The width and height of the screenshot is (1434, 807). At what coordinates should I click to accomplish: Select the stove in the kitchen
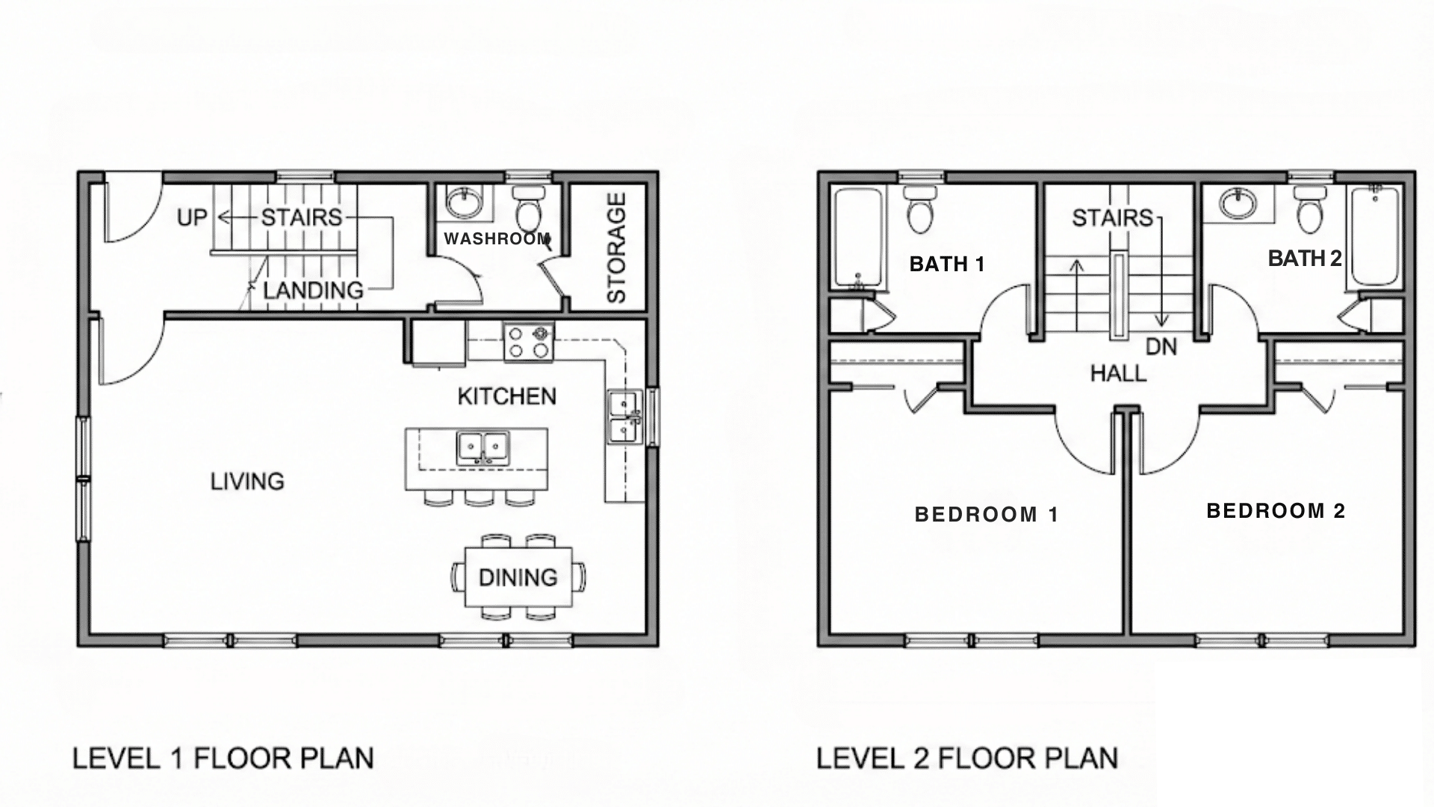[529, 342]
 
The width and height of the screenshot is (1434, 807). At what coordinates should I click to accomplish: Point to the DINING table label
[518, 578]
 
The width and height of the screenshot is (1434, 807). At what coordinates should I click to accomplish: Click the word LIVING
[247, 481]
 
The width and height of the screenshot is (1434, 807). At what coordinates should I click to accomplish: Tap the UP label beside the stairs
[192, 217]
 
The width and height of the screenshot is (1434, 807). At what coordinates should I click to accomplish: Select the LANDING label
[313, 291]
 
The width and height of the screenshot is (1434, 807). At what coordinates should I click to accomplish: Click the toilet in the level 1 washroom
[530, 209]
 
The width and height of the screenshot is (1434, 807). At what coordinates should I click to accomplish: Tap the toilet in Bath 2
[1309, 210]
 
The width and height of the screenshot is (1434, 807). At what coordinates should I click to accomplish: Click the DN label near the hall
[1161, 347]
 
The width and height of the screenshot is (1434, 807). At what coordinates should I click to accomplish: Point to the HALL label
[1118, 374]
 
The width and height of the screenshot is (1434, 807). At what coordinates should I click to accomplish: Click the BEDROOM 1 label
[987, 515]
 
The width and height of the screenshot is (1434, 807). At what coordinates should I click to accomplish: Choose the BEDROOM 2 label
[1276, 511]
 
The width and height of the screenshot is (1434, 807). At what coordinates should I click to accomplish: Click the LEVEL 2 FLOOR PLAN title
[966, 758]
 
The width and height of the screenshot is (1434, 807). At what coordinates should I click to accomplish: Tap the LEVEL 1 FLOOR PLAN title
[223, 758]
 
